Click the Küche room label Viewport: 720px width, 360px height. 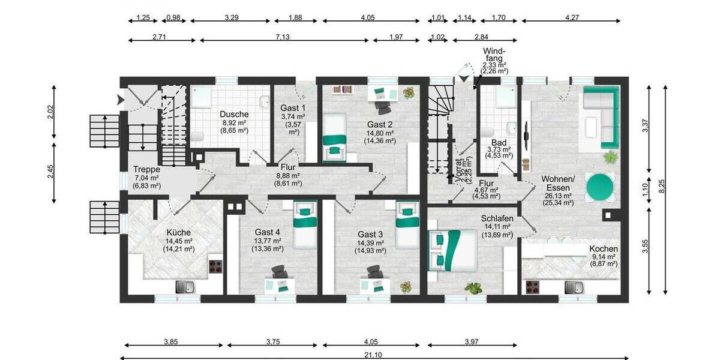pyautogui.click(x=178, y=232)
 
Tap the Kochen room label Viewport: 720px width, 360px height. pyautogui.click(x=603, y=248)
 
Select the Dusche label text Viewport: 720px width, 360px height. pyautogui.click(x=233, y=114)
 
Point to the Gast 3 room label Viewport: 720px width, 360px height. pyautogui.click(x=370, y=233)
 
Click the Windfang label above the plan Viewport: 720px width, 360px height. pyautogui.click(x=495, y=55)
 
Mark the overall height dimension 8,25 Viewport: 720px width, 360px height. pyautogui.click(x=664, y=187)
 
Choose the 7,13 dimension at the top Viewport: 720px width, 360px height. pyautogui.click(x=283, y=37)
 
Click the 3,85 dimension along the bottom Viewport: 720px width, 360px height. pyautogui.click(x=173, y=342)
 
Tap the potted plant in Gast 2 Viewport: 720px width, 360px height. pyautogui.click(x=409, y=93)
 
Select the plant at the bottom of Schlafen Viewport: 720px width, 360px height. pyautogui.click(x=473, y=288)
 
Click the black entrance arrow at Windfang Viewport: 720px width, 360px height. pyautogui.click(x=463, y=79)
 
